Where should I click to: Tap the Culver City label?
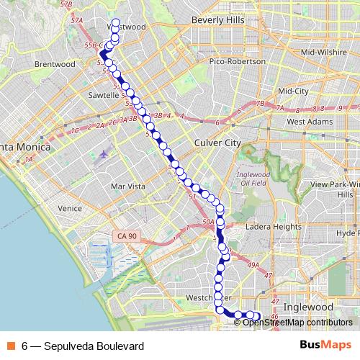click(217, 143)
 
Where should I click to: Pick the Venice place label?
click(70, 209)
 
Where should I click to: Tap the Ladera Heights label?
click(273, 227)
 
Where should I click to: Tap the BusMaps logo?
click(326, 346)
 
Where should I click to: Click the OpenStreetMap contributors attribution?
click(297, 323)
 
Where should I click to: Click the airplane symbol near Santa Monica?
click(107, 153)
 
